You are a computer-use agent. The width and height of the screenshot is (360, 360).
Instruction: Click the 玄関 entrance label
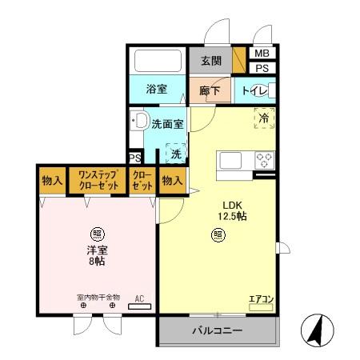click(210, 61)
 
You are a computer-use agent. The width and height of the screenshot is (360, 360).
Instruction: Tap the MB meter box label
click(262, 54)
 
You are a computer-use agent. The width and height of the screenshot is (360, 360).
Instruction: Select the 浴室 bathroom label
click(157, 89)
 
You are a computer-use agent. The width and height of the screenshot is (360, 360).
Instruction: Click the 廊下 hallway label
click(210, 89)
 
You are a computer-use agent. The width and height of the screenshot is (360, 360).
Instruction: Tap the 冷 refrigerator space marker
click(263, 118)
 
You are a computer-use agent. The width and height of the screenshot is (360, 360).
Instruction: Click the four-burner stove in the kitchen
click(263, 159)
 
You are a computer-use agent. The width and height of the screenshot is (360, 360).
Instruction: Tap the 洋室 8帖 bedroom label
click(97, 255)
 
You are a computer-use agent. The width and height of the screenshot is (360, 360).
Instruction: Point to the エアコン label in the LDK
click(262, 299)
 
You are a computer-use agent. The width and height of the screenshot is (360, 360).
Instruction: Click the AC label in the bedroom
click(139, 298)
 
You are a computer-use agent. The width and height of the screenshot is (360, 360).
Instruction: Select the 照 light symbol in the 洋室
click(97, 234)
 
